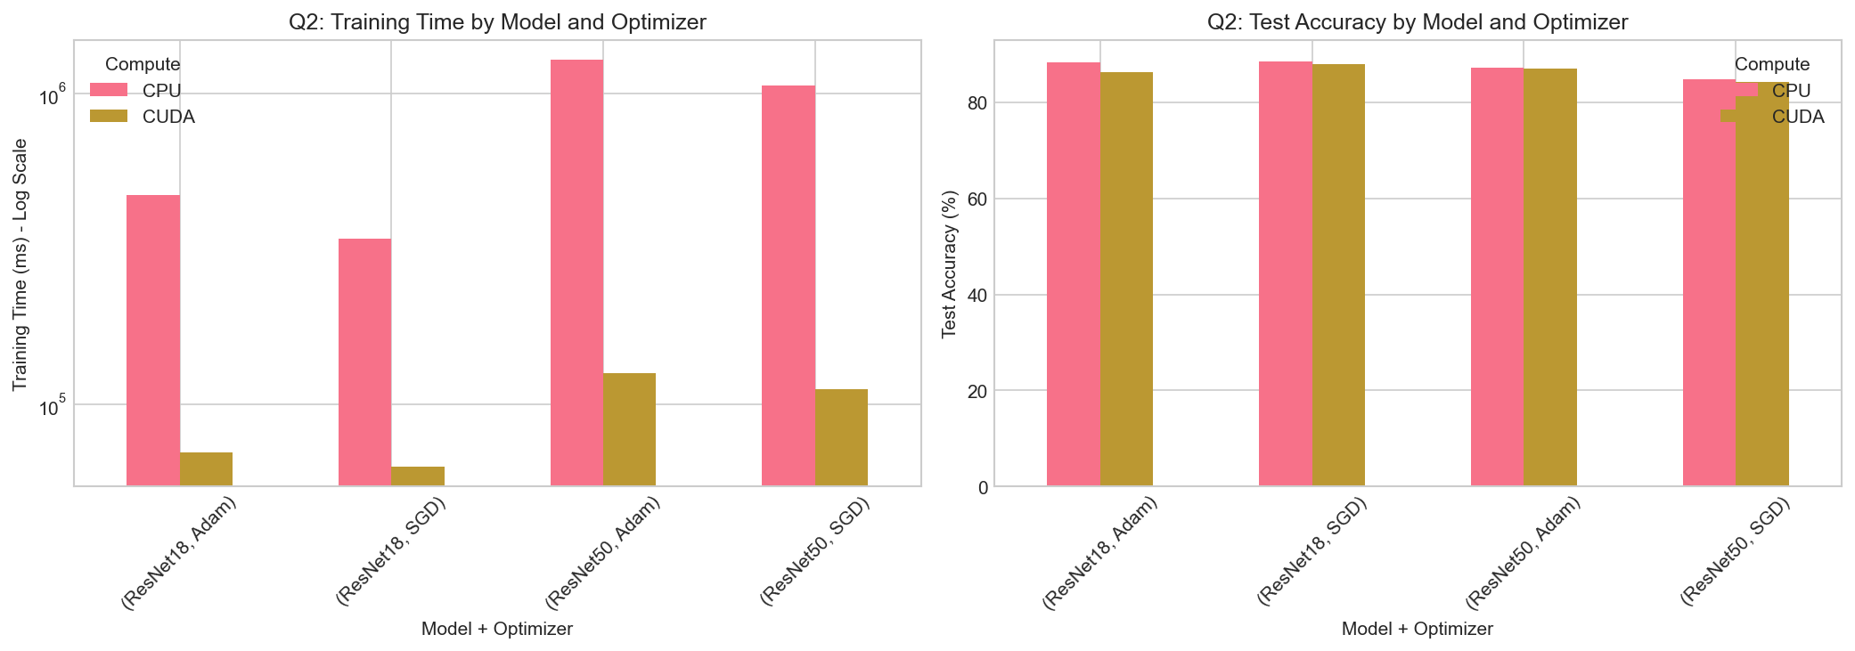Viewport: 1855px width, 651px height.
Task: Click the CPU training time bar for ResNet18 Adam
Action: click(x=153, y=340)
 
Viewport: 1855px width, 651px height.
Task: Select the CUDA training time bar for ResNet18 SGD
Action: click(x=418, y=476)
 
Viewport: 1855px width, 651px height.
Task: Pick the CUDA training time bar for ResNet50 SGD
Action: click(x=841, y=437)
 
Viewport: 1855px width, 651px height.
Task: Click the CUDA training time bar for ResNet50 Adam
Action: click(x=629, y=429)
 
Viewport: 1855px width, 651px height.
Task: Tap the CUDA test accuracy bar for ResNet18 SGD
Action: click(x=1338, y=275)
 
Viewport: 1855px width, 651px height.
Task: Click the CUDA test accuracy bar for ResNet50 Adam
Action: click(x=1550, y=277)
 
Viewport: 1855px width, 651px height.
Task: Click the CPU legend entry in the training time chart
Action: click(x=161, y=91)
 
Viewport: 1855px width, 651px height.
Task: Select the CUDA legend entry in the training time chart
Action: click(x=168, y=117)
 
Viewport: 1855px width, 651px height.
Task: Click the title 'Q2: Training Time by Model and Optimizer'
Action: click(x=497, y=22)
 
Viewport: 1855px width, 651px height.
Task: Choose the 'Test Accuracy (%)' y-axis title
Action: click(x=949, y=264)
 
